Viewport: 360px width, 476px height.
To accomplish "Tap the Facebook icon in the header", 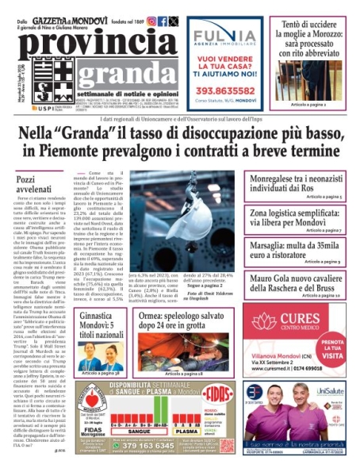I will click(x=162, y=21).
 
